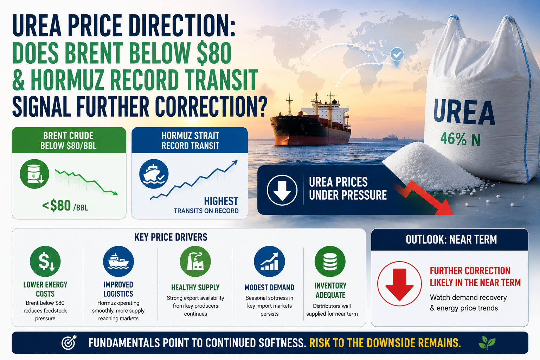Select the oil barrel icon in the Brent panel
(x=34, y=174)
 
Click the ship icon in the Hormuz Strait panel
(x=154, y=174)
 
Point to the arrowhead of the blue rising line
(x=234, y=163)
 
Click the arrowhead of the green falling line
(x=115, y=193)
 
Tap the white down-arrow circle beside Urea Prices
(x=282, y=190)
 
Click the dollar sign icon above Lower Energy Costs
(x=45, y=261)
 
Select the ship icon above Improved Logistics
(x=118, y=261)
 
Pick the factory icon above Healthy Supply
(x=195, y=261)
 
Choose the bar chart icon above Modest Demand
(x=270, y=261)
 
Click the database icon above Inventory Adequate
(x=330, y=261)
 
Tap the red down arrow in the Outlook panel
(x=399, y=284)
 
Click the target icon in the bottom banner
(x=69, y=342)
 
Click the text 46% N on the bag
(x=460, y=139)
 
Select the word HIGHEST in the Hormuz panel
(x=221, y=201)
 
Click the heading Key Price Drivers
(x=171, y=237)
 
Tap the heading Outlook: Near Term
(x=451, y=239)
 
